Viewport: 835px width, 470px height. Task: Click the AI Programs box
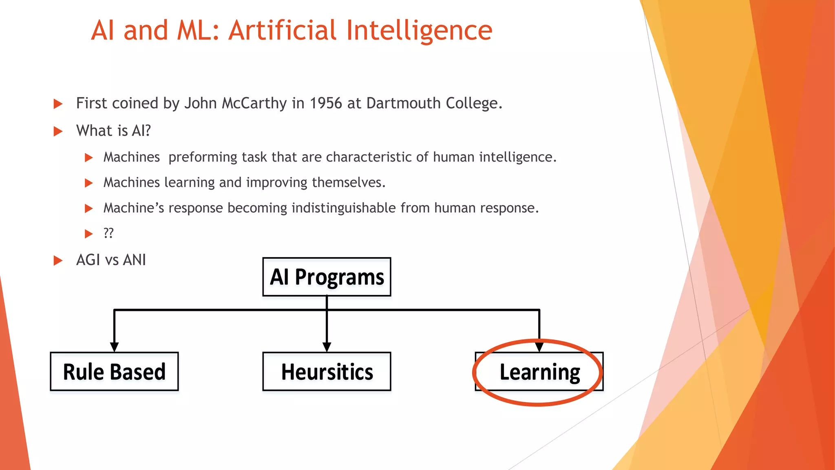tap(327, 277)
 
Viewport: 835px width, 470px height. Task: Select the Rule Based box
tap(114, 372)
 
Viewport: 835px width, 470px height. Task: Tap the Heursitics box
tap(327, 372)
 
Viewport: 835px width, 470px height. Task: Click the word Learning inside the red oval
tap(539, 372)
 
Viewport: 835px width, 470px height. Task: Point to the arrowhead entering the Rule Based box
tap(114, 347)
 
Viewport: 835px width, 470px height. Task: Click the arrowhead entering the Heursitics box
tap(327, 347)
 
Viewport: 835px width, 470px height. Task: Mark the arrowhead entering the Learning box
tap(539, 347)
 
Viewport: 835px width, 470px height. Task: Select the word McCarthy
tap(254, 103)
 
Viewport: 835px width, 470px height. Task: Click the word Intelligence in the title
tap(420, 31)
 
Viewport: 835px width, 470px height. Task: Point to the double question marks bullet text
tap(108, 233)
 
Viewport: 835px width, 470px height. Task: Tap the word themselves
tap(349, 182)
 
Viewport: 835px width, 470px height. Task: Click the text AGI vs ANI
tap(111, 260)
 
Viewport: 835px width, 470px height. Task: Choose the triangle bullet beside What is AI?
tap(58, 131)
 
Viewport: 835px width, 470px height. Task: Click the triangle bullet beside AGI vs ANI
tap(58, 260)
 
